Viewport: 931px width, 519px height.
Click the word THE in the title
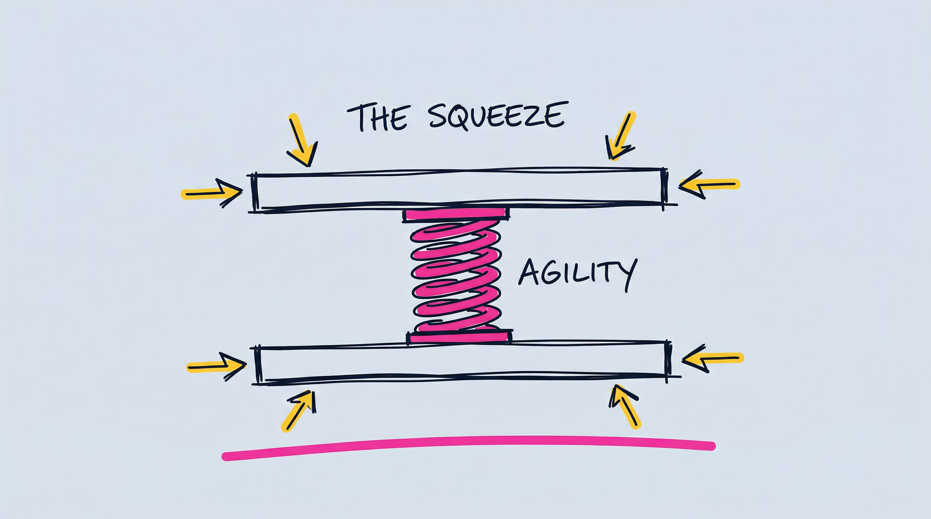(x=377, y=118)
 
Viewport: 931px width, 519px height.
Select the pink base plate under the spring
(x=459, y=337)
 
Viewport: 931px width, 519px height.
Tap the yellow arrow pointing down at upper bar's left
(x=302, y=141)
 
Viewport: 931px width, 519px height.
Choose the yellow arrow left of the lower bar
(x=216, y=367)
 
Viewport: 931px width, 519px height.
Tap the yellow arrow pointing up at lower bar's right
(x=625, y=406)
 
